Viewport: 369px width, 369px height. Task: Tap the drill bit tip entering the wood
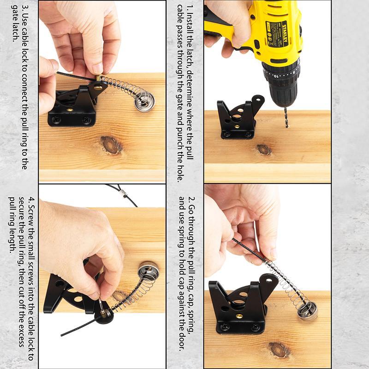(287, 127)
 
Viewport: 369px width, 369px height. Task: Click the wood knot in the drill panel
(264, 149)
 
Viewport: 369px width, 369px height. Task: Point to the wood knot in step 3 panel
(111, 145)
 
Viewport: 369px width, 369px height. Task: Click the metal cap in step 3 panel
(144, 101)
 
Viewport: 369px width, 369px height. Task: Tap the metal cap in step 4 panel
(148, 271)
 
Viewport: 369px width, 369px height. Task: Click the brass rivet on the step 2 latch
(239, 316)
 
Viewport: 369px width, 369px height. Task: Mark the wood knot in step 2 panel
(280, 350)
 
